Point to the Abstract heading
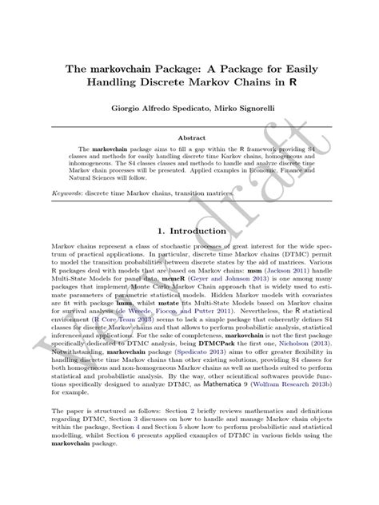[189, 138]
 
